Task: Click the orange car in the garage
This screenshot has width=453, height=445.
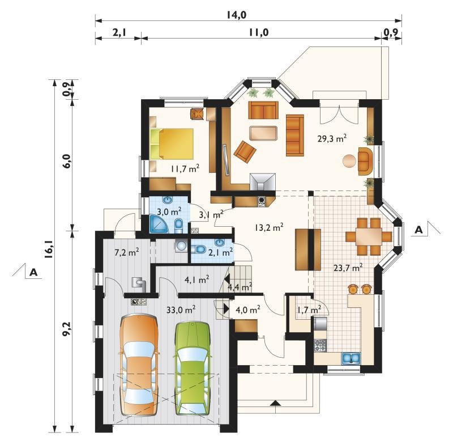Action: [139, 366]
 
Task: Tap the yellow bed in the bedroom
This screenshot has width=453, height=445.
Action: [172, 144]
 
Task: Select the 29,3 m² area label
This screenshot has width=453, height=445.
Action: [332, 138]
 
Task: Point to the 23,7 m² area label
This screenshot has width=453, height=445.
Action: [348, 268]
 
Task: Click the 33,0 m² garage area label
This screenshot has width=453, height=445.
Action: [181, 310]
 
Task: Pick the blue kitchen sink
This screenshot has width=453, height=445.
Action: [351, 358]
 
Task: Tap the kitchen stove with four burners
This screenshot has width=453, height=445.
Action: [320, 346]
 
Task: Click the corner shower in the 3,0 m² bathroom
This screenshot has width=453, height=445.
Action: [159, 224]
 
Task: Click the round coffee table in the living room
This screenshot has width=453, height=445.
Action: [349, 161]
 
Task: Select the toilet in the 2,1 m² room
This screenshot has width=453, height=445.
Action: [199, 249]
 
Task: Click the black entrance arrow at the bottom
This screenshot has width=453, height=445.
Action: [276, 403]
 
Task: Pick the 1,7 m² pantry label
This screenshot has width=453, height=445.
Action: [309, 310]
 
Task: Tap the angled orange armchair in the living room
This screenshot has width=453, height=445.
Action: [245, 152]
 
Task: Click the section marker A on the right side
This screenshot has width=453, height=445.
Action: [418, 230]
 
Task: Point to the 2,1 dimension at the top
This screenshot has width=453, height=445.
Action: [119, 32]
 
